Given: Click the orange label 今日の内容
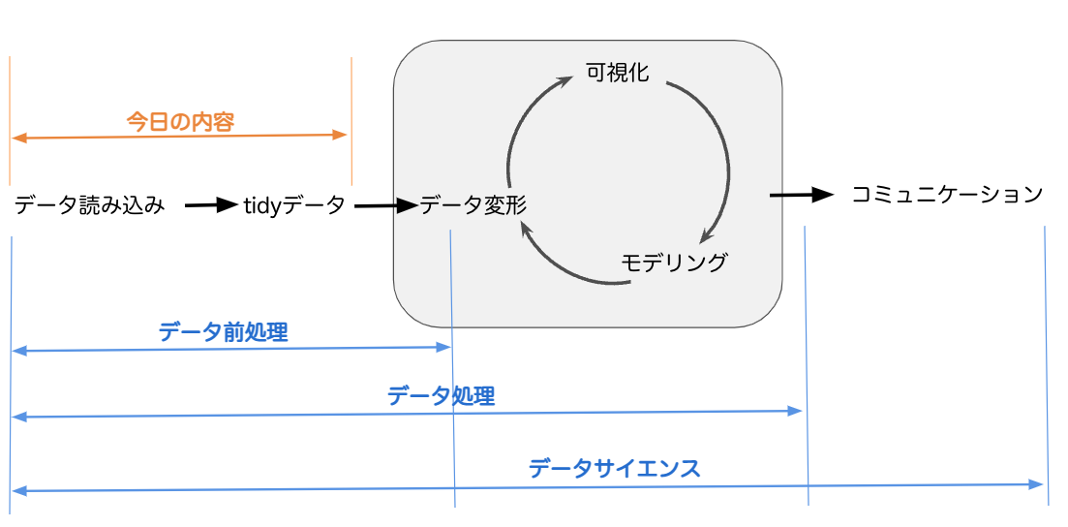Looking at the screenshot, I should [181, 122].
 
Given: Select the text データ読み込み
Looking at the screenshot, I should [89, 205].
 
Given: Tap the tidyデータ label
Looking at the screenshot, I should [293, 205].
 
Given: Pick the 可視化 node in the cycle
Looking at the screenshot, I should [617, 73].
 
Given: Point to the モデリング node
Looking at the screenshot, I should [674, 262].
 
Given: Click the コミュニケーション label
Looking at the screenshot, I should [946, 194].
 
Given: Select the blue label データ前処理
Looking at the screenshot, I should [224, 332].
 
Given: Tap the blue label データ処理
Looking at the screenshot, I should [441, 395].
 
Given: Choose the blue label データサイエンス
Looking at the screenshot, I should [614, 469].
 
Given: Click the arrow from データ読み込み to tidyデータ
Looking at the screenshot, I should [211, 204].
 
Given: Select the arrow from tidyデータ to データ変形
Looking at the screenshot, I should [385, 205].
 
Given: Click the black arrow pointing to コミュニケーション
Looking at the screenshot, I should [802, 195].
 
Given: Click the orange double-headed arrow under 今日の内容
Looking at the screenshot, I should [180, 138].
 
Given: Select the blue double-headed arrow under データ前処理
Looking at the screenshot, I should [231, 349].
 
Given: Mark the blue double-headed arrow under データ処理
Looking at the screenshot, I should [408, 414].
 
